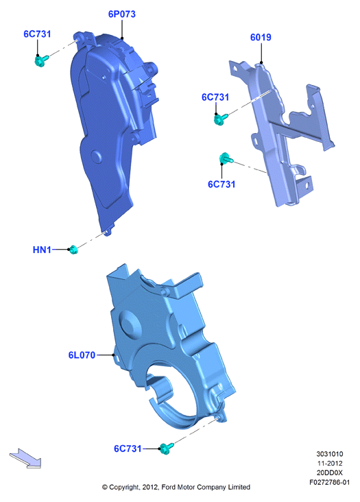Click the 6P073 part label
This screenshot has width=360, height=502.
(121, 14)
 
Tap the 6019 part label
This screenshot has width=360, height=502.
(261, 38)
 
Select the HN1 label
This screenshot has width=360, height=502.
(42, 250)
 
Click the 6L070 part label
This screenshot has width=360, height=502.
(82, 355)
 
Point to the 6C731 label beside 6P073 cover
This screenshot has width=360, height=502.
(37, 34)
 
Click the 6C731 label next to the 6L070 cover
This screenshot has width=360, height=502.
(128, 449)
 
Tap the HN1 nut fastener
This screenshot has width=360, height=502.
(73, 250)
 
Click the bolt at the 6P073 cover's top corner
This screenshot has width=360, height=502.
(41, 60)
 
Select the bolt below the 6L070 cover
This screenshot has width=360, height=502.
(167, 449)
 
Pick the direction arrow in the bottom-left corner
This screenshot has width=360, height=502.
(25, 458)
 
